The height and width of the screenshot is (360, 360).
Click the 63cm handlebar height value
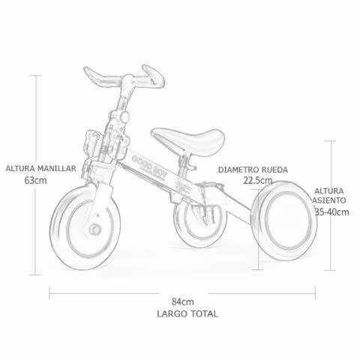click(35, 180)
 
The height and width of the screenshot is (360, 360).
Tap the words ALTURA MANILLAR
click(40, 168)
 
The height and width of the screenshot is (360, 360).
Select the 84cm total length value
click(183, 301)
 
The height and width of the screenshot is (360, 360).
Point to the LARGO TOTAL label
click(187, 313)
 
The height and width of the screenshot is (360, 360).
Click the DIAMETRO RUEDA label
click(253, 169)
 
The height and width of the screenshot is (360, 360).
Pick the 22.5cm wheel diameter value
click(258, 180)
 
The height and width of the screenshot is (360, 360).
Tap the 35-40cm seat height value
click(331, 212)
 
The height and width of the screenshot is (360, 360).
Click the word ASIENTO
click(329, 200)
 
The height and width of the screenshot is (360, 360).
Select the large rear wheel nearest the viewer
click(284, 220)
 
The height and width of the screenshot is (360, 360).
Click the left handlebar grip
click(99, 76)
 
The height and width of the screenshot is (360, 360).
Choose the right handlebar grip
click(154, 76)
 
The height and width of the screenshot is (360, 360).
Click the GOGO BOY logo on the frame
click(148, 166)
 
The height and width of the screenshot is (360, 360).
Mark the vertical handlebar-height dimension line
click(36, 175)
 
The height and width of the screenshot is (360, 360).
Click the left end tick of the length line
click(49, 293)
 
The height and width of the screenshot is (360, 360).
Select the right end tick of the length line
click(315, 293)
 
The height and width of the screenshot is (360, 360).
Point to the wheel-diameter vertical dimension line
click(258, 229)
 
